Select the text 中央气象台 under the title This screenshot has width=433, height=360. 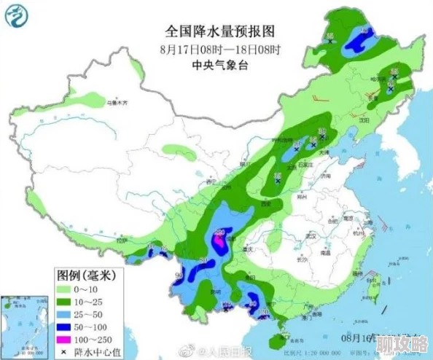(x=219, y=65)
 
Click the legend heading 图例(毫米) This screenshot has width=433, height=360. (x=86, y=275)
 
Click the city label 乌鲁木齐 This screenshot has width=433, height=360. (x=121, y=103)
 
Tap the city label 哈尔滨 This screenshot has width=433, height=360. (x=378, y=79)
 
